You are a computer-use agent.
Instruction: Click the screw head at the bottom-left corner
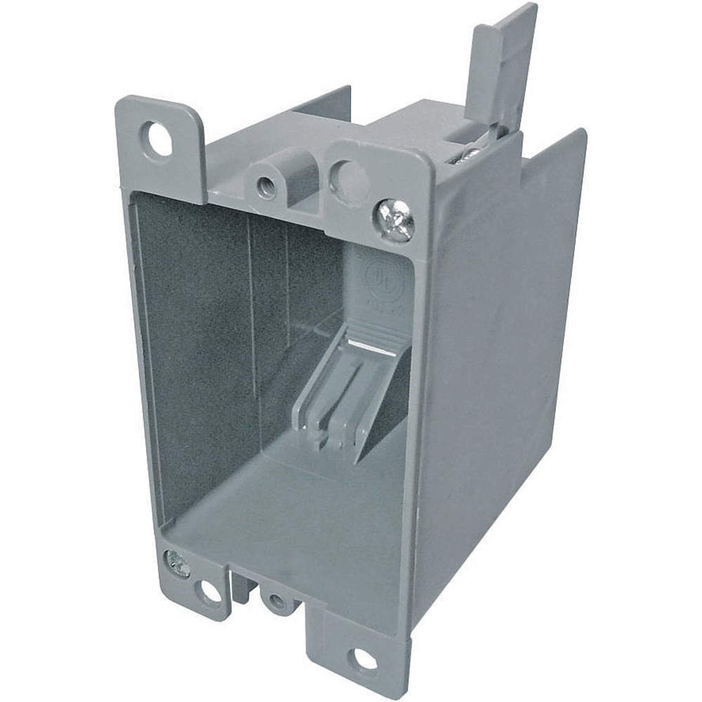pyautogui.click(x=177, y=562)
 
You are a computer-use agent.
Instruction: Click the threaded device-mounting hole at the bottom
pyautogui.click(x=277, y=601)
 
